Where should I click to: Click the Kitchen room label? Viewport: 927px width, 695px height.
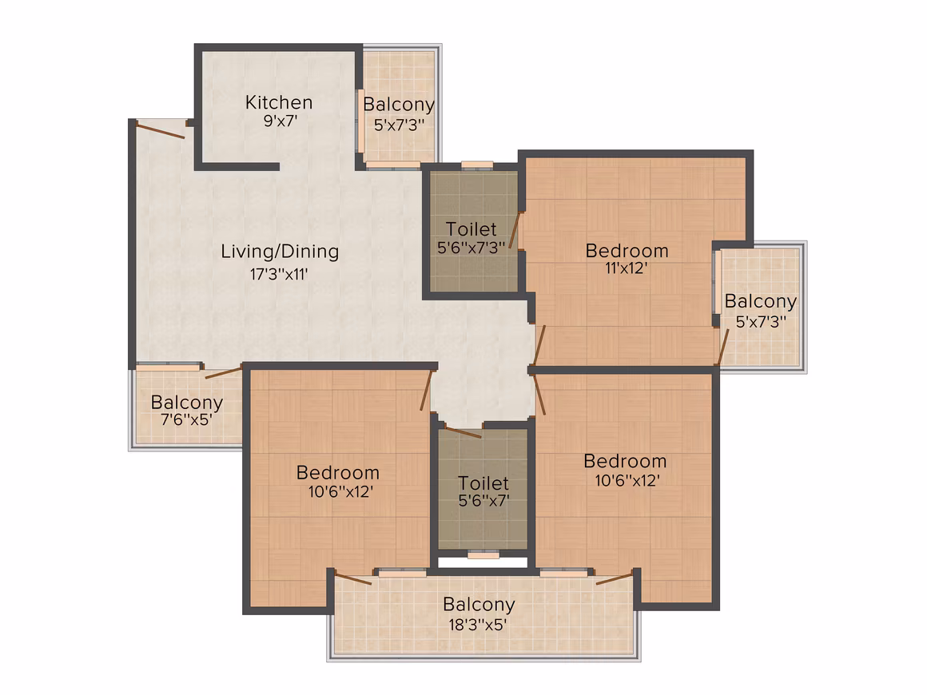click(x=278, y=103)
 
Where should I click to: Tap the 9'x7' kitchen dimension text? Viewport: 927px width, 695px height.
click(x=280, y=121)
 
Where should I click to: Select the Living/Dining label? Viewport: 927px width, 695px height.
click(x=280, y=252)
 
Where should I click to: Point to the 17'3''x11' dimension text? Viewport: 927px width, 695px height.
click(x=278, y=274)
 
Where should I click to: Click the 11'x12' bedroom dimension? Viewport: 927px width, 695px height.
click(x=626, y=268)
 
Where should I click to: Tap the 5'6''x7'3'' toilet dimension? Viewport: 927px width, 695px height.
click(x=471, y=248)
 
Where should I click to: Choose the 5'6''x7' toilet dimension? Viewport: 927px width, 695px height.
click(x=483, y=501)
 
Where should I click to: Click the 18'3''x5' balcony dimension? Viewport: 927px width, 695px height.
click(x=478, y=625)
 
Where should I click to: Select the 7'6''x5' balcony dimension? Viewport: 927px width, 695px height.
click(x=186, y=419)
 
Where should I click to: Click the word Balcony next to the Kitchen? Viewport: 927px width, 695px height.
click(x=399, y=105)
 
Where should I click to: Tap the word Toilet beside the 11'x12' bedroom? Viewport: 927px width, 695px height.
click(x=471, y=228)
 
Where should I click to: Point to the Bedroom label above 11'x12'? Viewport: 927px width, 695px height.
click(x=627, y=251)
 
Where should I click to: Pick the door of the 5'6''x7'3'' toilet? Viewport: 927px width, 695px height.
click(x=515, y=230)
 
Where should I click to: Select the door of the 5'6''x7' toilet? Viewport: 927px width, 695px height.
click(x=463, y=432)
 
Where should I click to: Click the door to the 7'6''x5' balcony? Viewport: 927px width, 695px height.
click(x=224, y=372)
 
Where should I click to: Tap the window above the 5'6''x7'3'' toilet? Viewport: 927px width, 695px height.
click(x=477, y=165)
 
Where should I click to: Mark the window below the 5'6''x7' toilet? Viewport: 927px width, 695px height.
click(x=483, y=555)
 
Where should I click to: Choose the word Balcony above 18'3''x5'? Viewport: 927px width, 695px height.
click(x=479, y=606)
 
